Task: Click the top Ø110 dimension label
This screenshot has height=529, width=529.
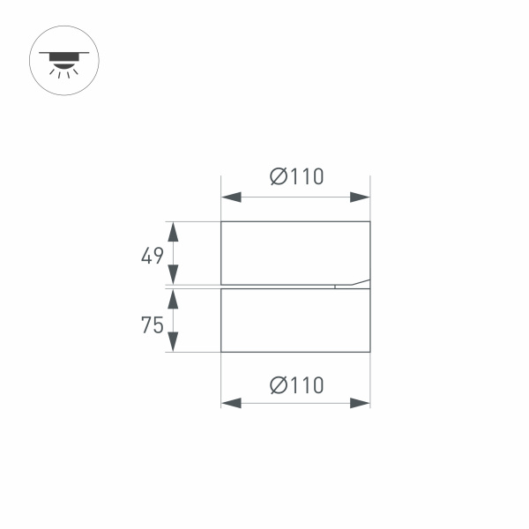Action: pos(296,176)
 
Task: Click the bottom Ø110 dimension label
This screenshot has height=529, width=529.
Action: pos(296,385)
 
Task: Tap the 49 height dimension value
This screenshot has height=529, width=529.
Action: pos(153,256)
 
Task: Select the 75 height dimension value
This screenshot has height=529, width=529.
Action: pos(153,325)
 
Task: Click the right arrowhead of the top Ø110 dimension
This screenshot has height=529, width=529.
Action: pos(360,197)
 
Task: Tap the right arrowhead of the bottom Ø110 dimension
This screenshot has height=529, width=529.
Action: pos(360,403)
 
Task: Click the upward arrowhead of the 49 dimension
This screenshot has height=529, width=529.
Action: pos(174,232)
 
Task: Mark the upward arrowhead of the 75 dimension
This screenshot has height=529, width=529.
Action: pos(174,299)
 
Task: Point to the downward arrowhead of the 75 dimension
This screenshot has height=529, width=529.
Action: pos(174,342)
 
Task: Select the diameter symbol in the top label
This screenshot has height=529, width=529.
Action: pos(277,176)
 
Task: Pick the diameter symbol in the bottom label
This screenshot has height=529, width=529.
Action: pos(277,385)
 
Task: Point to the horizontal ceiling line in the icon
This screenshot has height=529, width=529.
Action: pos(64,53)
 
